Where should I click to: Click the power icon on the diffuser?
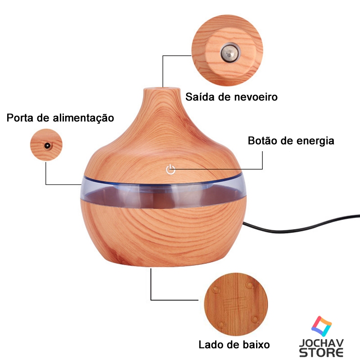coord(170,169)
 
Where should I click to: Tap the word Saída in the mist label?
coord(199,97)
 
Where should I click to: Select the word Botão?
coord(263,140)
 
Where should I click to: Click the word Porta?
coord(21,118)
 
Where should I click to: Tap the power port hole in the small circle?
coord(46,145)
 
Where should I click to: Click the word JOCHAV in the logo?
coord(321,342)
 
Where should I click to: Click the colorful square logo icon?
coord(321,325)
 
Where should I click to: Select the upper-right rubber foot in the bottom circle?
coord(249,284)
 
